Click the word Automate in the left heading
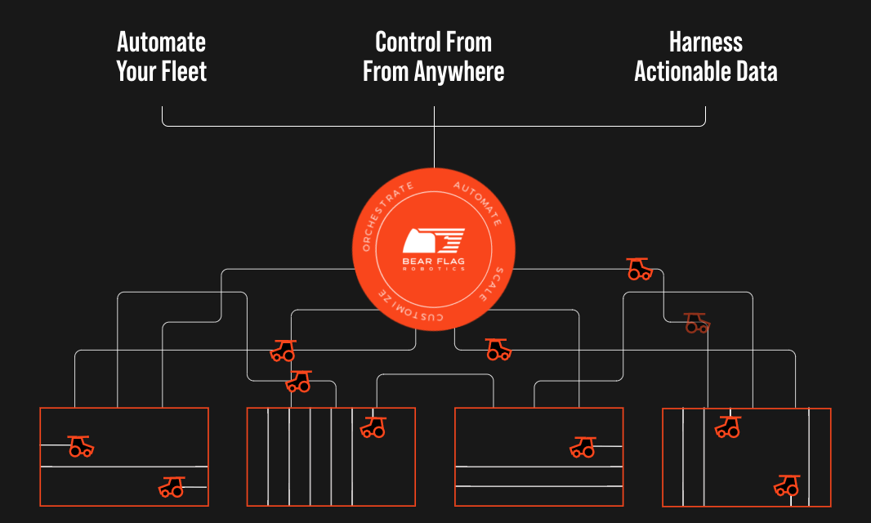[x=161, y=42]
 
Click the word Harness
[x=706, y=42]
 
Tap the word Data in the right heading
[x=755, y=71]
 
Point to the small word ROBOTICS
[x=434, y=270]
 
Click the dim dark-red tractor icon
[x=696, y=323]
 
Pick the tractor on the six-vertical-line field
[x=373, y=426]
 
